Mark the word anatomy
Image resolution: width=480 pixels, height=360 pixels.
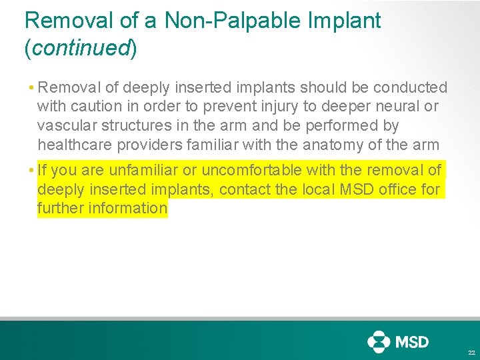(361, 145)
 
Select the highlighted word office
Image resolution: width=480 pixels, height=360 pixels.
(399, 190)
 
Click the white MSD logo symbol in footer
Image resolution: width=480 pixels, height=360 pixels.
(378, 342)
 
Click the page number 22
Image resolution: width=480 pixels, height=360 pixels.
(471, 353)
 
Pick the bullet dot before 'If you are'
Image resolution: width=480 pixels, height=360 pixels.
(31, 171)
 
